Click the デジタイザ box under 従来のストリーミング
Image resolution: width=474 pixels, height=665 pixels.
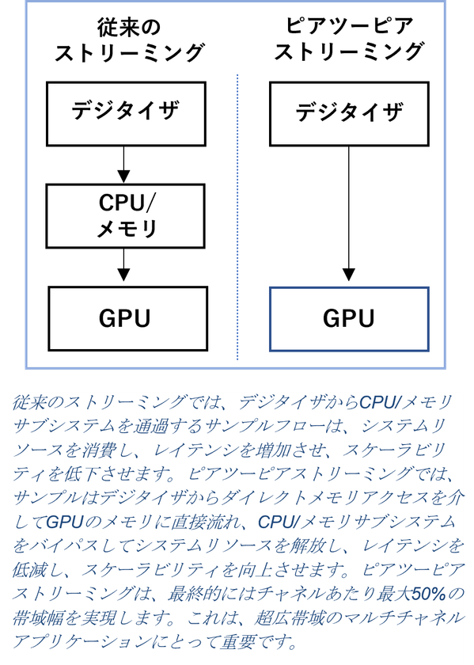click(126, 114)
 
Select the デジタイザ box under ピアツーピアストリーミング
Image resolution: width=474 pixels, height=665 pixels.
click(349, 114)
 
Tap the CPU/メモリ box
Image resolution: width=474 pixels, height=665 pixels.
click(126, 216)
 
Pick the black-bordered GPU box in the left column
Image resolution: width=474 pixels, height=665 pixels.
click(127, 318)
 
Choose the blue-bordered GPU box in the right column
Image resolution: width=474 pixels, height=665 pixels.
click(349, 319)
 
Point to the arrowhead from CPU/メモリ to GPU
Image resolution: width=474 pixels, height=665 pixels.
click(123, 275)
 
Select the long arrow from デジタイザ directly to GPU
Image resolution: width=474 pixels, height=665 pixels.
click(348, 214)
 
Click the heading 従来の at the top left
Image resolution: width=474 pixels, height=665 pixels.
click(129, 28)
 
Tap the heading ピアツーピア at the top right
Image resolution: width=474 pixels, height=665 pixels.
click(349, 26)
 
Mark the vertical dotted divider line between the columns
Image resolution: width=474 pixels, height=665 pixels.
click(237, 217)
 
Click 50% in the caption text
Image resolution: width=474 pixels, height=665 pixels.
click(429, 594)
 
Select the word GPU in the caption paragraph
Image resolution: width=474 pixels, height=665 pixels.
click(64, 522)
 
